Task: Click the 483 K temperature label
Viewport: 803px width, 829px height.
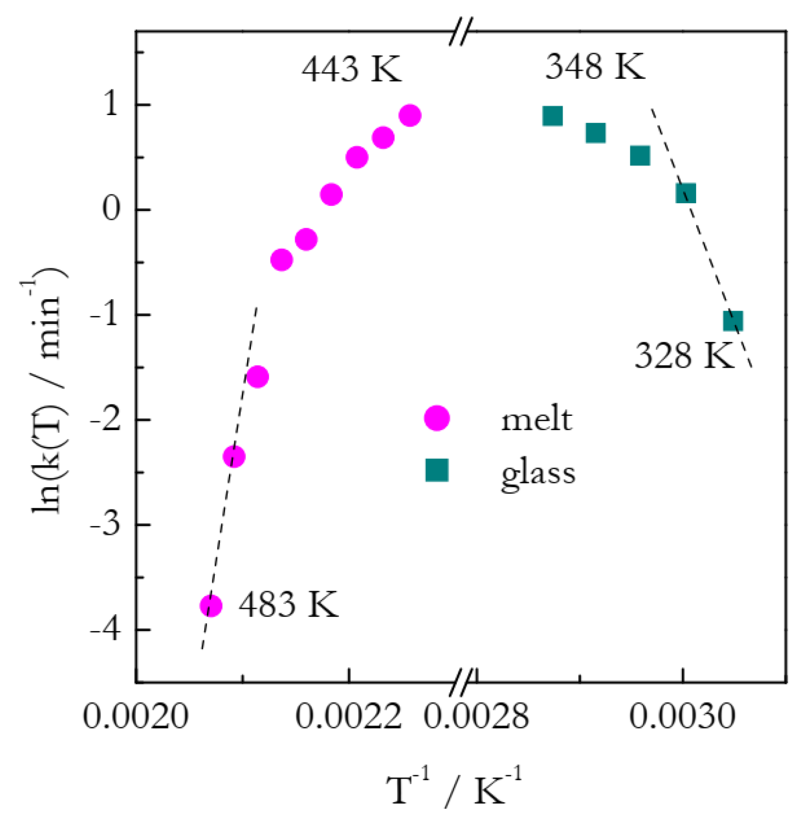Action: coord(288,604)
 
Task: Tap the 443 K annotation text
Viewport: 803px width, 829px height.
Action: coord(351,69)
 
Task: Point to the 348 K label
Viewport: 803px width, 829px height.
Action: coord(595,66)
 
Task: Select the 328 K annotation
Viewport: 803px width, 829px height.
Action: coord(684,356)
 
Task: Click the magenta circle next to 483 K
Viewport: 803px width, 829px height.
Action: coord(211,605)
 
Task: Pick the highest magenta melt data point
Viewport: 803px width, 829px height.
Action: coord(410,116)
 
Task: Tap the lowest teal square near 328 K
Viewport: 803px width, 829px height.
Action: coord(733,321)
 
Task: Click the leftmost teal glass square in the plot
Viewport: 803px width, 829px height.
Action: coord(553,116)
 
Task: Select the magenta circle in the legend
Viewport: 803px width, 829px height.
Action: coord(437,419)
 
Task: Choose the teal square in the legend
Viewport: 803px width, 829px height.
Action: coord(437,470)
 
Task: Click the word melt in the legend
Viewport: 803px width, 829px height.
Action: coord(536,420)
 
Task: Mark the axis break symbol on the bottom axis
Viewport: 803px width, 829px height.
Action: coord(463,682)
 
